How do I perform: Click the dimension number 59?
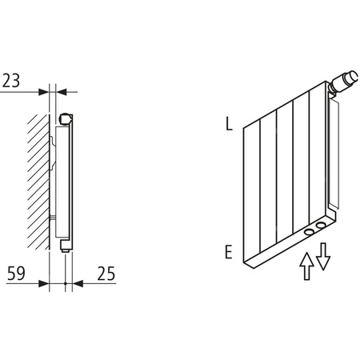(14, 274)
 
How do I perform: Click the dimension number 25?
(104, 274)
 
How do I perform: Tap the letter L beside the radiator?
(229, 125)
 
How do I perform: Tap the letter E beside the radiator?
(229, 252)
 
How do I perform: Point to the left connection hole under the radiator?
(308, 234)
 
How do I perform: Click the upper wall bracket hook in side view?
(54, 142)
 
